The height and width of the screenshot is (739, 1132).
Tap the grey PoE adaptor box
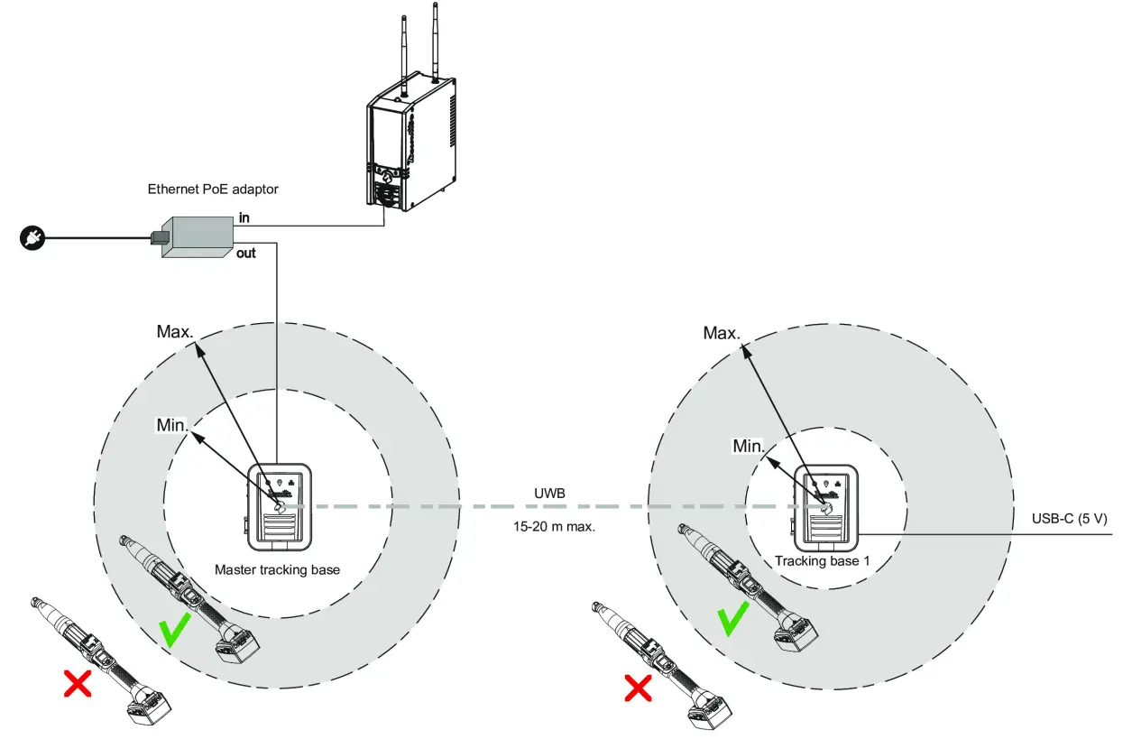click(x=195, y=236)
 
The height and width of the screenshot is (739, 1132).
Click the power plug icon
click(x=30, y=239)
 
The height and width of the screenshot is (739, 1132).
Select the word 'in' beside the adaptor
click(x=244, y=218)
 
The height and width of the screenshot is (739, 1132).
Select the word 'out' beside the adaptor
click(x=246, y=254)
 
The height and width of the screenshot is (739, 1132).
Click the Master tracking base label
click(x=277, y=570)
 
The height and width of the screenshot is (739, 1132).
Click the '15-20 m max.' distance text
click(x=553, y=526)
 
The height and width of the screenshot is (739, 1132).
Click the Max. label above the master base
click(x=175, y=331)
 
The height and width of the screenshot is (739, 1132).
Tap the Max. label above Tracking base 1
click(x=722, y=333)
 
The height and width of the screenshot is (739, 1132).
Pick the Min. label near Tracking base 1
click(x=749, y=446)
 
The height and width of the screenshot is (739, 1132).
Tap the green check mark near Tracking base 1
click(x=732, y=621)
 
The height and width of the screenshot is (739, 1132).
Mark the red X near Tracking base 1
click(x=639, y=689)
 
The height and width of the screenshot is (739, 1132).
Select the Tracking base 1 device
click(x=823, y=511)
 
